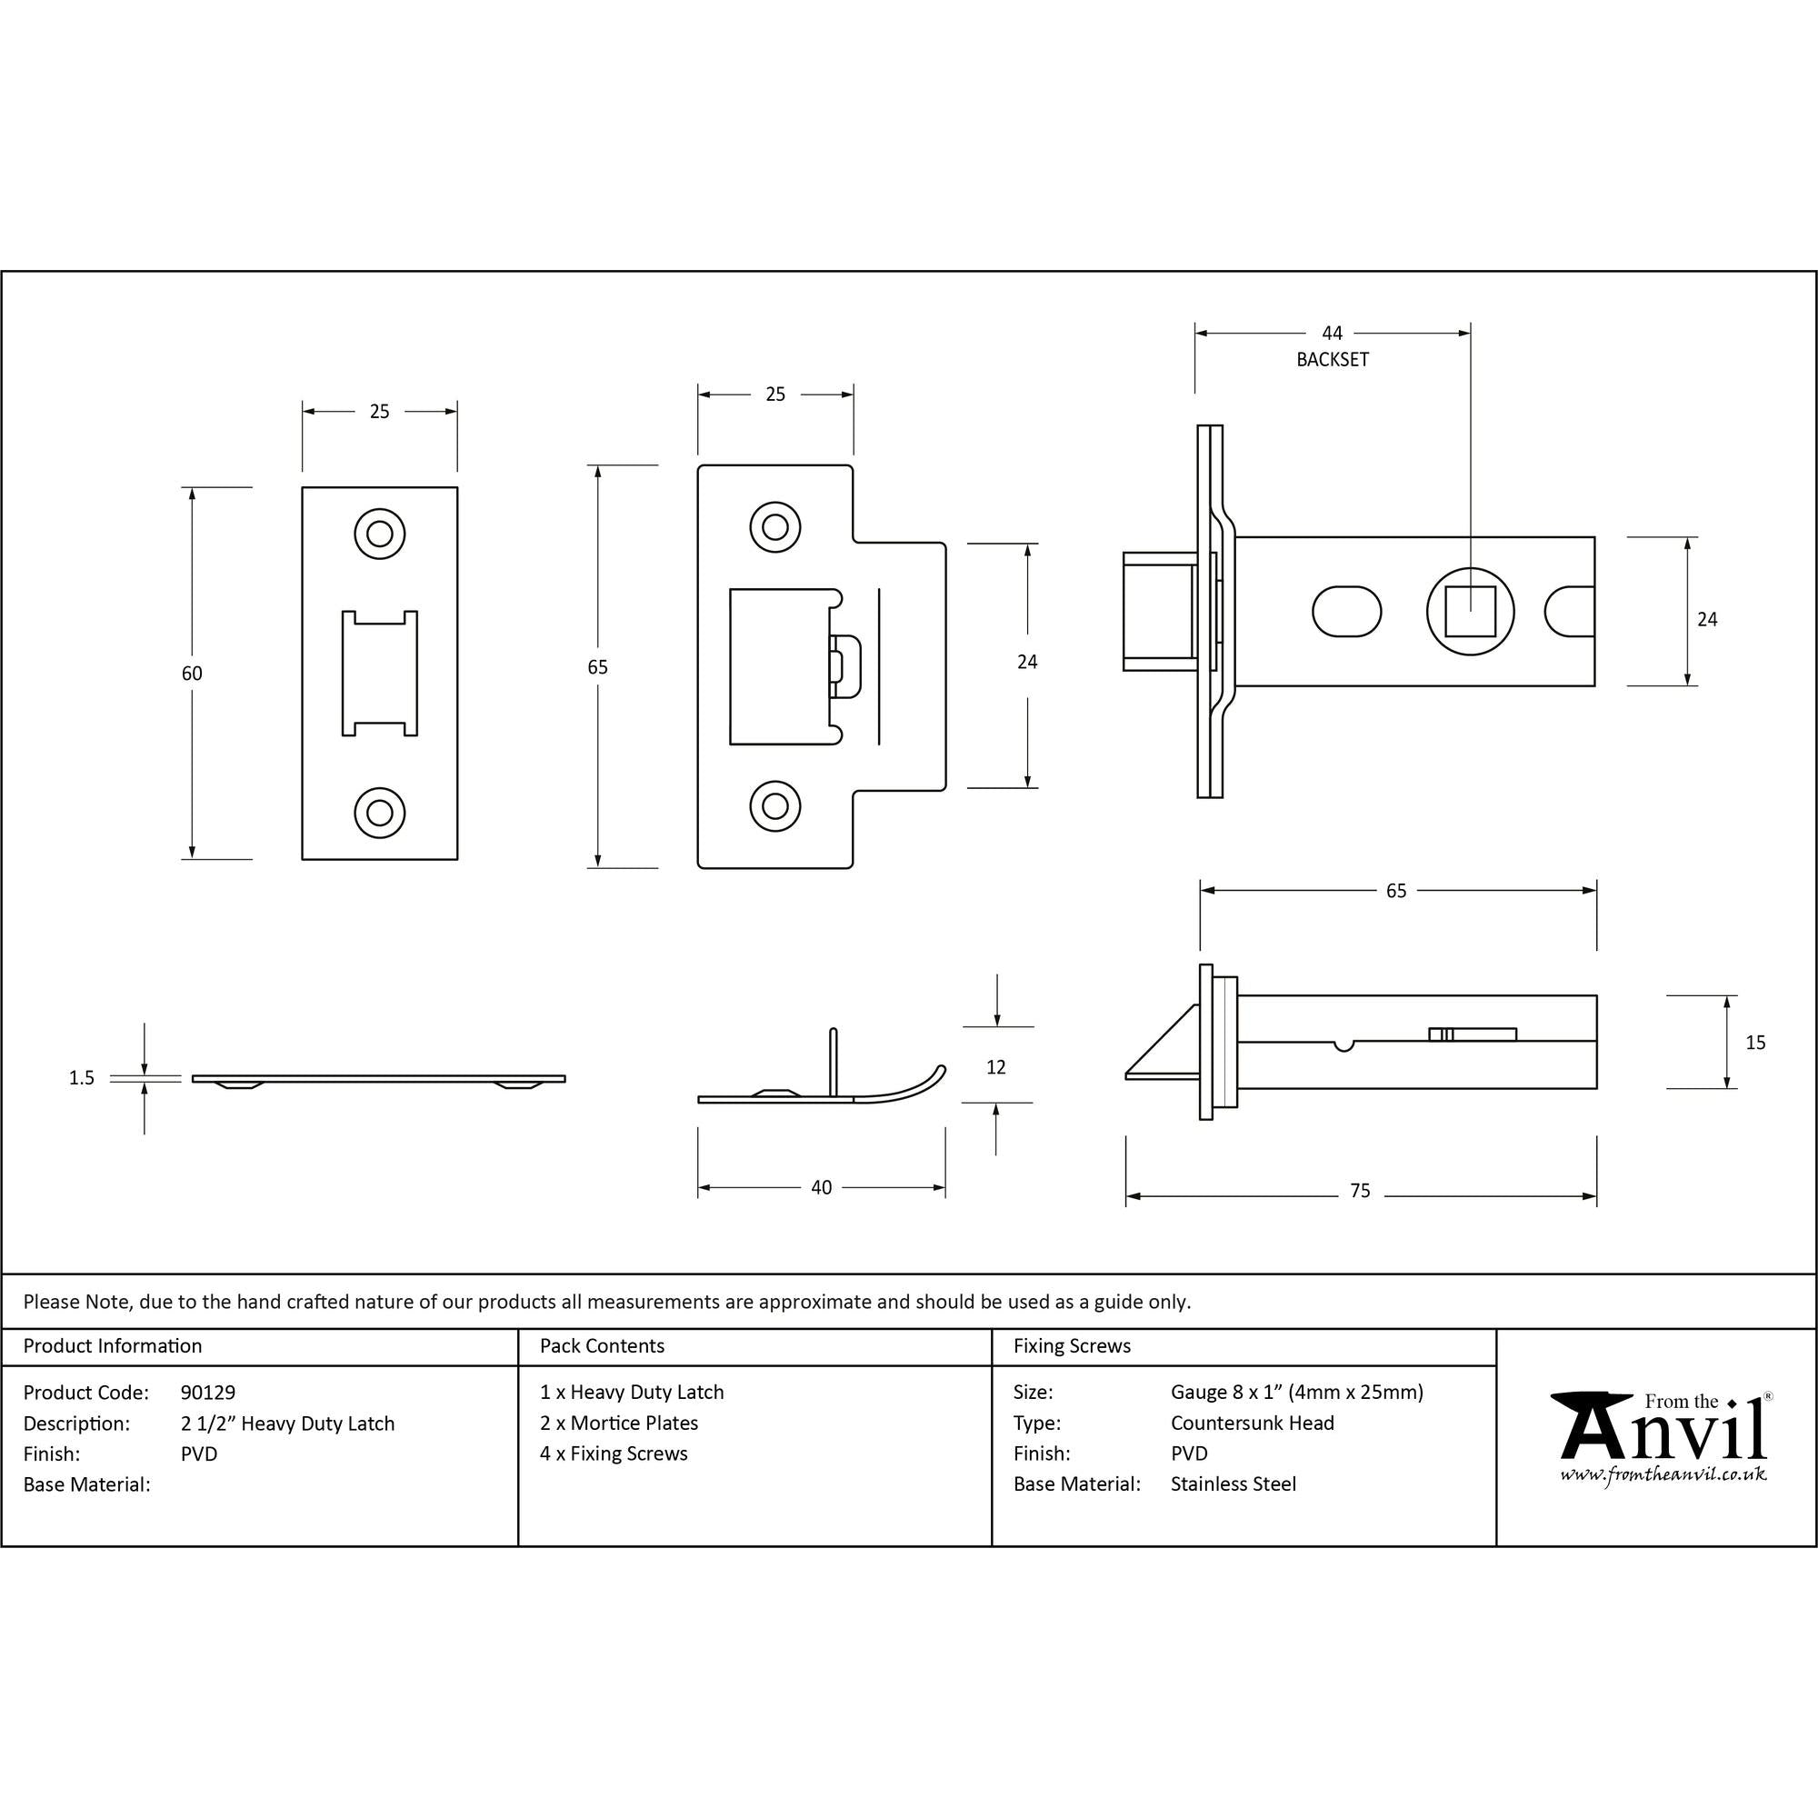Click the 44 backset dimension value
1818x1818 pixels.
coord(1332,333)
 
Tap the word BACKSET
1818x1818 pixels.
coord(1332,359)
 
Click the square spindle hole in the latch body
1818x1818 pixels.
coord(1470,612)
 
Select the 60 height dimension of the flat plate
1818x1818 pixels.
coord(192,673)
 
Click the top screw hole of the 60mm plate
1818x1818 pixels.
coord(379,534)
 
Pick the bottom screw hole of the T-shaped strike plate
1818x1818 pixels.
coord(774,805)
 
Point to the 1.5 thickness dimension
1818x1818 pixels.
coord(82,1077)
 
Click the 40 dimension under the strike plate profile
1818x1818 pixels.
coord(821,1187)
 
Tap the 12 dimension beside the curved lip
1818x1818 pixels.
coord(995,1067)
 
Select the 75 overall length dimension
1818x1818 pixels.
coord(1360,1191)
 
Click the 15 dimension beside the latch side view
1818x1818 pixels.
coord(1755,1042)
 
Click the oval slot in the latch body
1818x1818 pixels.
coord(1345,612)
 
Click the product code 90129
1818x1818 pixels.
coord(208,1392)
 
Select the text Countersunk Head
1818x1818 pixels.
coord(1252,1423)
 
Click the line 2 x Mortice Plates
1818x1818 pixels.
coord(618,1423)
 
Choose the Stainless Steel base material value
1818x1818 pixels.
coord(1233,1484)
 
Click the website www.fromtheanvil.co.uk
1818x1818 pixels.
coord(1663,1474)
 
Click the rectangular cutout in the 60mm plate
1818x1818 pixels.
coord(379,673)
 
